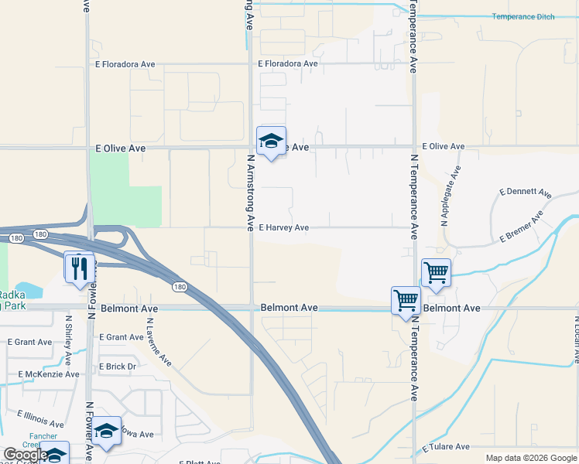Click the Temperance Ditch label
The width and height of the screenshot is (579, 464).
click(523, 17)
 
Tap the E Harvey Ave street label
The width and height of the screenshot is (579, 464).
click(283, 228)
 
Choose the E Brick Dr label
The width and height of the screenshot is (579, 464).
click(118, 367)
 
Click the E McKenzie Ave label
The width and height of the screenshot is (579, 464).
click(49, 374)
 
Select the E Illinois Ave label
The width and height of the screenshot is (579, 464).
click(41, 420)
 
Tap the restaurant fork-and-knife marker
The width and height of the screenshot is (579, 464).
click(79, 268)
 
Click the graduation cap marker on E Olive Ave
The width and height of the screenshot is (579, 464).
click(271, 142)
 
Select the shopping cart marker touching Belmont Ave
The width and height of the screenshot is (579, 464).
click(406, 299)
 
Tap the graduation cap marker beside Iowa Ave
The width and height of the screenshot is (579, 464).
click(107, 432)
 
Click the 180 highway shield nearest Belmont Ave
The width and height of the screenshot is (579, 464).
click(180, 287)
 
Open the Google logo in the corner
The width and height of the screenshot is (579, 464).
click(25, 455)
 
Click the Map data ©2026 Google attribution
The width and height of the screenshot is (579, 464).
click(531, 458)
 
